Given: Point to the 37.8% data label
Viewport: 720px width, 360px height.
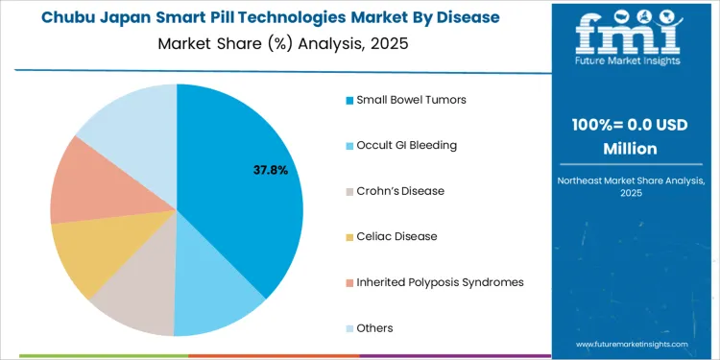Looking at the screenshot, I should pyautogui.click(x=270, y=170).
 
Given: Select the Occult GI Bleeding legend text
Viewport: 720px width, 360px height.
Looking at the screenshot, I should pyautogui.click(x=406, y=145).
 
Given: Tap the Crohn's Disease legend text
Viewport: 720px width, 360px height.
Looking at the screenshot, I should pyautogui.click(x=400, y=191).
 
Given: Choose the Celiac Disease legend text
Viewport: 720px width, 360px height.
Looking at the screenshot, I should pyautogui.click(x=396, y=236).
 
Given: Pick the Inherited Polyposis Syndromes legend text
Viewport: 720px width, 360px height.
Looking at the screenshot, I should pyautogui.click(x=440, y=282).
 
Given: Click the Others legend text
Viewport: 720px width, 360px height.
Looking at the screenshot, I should pyautogui.click(x=374, y=328).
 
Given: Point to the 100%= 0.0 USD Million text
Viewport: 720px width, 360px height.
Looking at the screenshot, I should pyautogui.click(x=630, y=137).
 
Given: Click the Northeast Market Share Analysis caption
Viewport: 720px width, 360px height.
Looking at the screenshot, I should pyautogui.click(x=630, y=185).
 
